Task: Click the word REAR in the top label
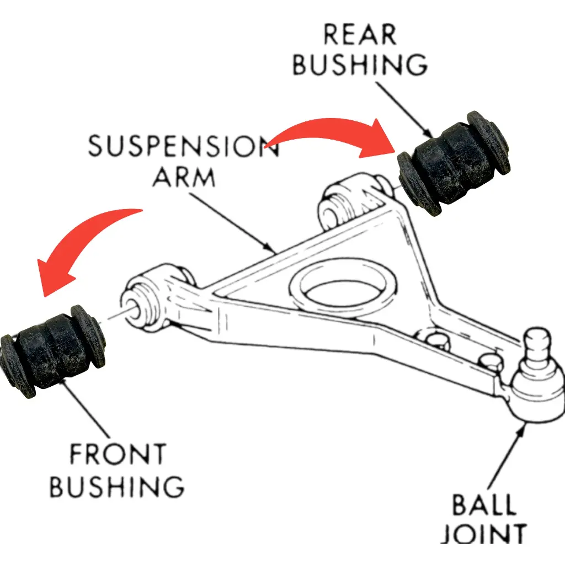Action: point(359,35)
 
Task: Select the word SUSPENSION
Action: point(184,147)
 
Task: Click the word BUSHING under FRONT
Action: point(117,486)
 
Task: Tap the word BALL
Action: point(484,505)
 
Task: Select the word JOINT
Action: point(484,534)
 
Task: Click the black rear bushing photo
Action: point(454,162)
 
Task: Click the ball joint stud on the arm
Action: point(536,347)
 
